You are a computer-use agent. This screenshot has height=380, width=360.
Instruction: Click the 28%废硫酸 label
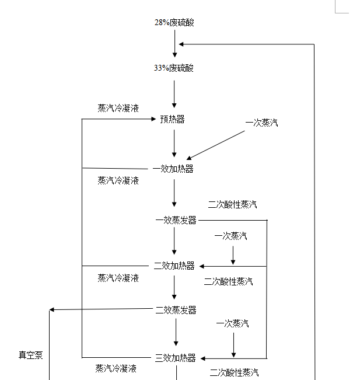coord(174,23)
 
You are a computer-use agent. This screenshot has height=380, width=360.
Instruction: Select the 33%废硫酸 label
coord(174,68)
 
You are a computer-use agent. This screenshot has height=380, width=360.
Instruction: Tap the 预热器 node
coord(172,119)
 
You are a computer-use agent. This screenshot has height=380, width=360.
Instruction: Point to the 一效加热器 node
coord(173,169)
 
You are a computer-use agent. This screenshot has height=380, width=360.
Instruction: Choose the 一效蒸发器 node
coord(176,220)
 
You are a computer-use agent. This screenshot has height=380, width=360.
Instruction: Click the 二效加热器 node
coord(174,266)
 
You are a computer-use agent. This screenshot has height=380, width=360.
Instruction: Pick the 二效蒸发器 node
coord(176,310)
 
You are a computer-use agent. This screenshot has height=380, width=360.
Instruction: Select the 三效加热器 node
coord(175,358)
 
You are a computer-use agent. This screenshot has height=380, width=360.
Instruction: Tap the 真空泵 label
coord(30,355)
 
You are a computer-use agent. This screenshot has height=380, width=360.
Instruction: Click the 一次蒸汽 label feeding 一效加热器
coord(261,123)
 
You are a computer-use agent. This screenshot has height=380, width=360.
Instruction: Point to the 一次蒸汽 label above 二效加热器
coord(230,236)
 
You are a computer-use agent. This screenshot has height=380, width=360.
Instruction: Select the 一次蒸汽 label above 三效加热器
coord(232,323)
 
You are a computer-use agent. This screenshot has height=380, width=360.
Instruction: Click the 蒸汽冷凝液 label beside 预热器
coord(118,108)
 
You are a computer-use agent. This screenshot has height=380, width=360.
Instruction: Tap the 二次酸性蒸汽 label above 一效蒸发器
coord(232,204)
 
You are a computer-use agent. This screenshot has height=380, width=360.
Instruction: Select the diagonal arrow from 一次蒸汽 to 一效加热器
coord(216,145)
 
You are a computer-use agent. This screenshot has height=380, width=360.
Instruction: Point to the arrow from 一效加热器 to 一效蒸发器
coord(174,193)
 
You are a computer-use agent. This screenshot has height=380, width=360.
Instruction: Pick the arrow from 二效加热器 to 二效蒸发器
coord(174,287)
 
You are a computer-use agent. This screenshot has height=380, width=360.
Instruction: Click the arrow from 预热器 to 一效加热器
coord(174,143)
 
